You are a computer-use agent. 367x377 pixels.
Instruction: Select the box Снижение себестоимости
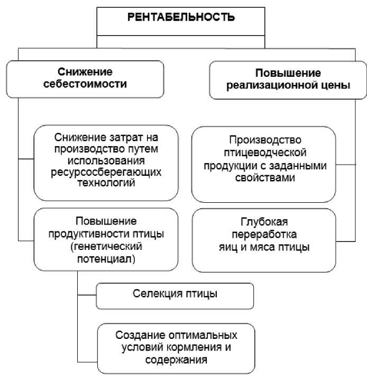coord(85,78)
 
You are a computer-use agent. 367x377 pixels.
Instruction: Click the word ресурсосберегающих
coord(105,173)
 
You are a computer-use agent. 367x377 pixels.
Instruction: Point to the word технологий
coord(105,183)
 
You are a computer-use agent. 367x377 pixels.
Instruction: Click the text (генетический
coord(105,246)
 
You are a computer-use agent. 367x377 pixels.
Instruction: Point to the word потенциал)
coord(105,258)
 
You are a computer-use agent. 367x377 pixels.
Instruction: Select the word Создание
coord(139,336)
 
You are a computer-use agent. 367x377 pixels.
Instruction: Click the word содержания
coord(175,360)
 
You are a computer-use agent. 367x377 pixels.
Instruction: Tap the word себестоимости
coord(85,84)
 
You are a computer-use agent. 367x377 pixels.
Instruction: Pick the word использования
coord(105,161)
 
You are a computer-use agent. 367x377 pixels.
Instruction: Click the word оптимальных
coord(204,336)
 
